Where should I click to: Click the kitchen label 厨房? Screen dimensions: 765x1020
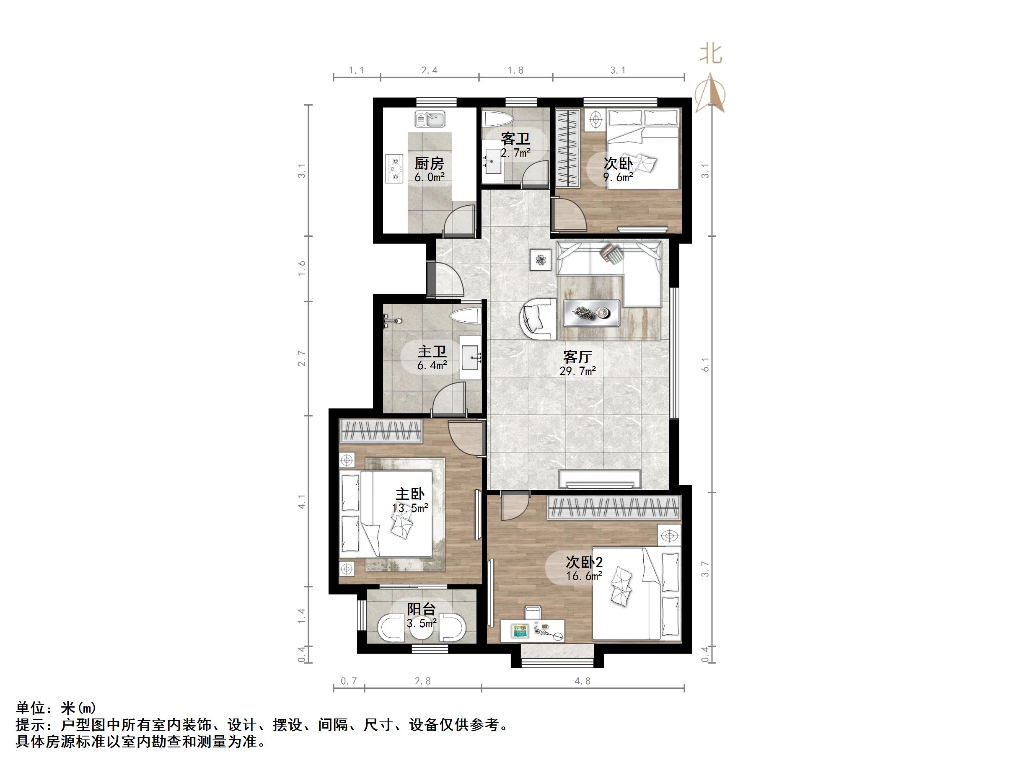(429, 163)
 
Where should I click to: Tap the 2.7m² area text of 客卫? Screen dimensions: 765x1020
(515, 152)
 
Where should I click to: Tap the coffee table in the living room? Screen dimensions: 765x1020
(591, 313)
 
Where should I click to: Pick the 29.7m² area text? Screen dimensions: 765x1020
(577, 371)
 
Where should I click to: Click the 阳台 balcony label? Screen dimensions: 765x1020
(421, 609)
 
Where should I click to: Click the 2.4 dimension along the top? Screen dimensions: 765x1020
(429, 70)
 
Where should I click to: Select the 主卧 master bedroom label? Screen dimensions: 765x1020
(409, 494)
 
